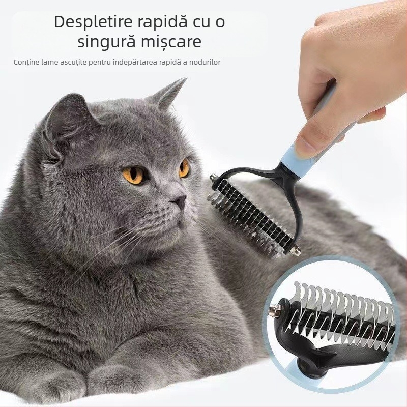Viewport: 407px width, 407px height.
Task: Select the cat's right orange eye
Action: [x=184, y=167]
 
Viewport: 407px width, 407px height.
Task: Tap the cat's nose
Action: [x=180, y=202]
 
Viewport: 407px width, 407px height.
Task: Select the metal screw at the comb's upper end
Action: [x=213, y=179]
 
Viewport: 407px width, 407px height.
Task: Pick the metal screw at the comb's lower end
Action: [x=296, y=251]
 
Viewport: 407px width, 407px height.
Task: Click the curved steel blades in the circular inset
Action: [x=341, y=310]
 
